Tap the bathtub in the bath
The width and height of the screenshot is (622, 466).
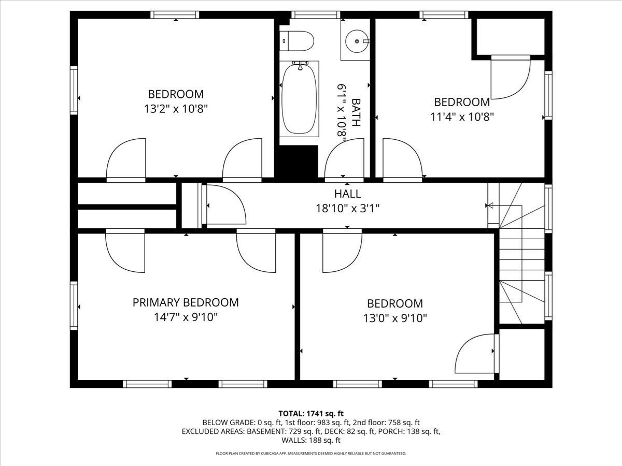tap(299, 99)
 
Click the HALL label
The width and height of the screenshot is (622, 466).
tap(347, 194)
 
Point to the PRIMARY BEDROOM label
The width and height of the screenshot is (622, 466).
tap(186, 302)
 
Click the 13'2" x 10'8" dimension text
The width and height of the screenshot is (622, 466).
tap(176, 109)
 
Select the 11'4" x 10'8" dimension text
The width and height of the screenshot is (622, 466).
tap(462, 116)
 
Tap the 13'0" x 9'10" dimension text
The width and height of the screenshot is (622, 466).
tap(395, 318)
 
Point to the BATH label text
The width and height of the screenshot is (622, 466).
tap(356, 113)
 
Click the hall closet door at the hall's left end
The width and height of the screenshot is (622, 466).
tap(225, 205)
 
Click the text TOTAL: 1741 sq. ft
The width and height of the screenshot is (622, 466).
tap(311, 413)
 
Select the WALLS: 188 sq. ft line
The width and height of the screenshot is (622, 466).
tap(311, 440)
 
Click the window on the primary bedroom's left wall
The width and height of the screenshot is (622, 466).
tap(74, 305)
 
